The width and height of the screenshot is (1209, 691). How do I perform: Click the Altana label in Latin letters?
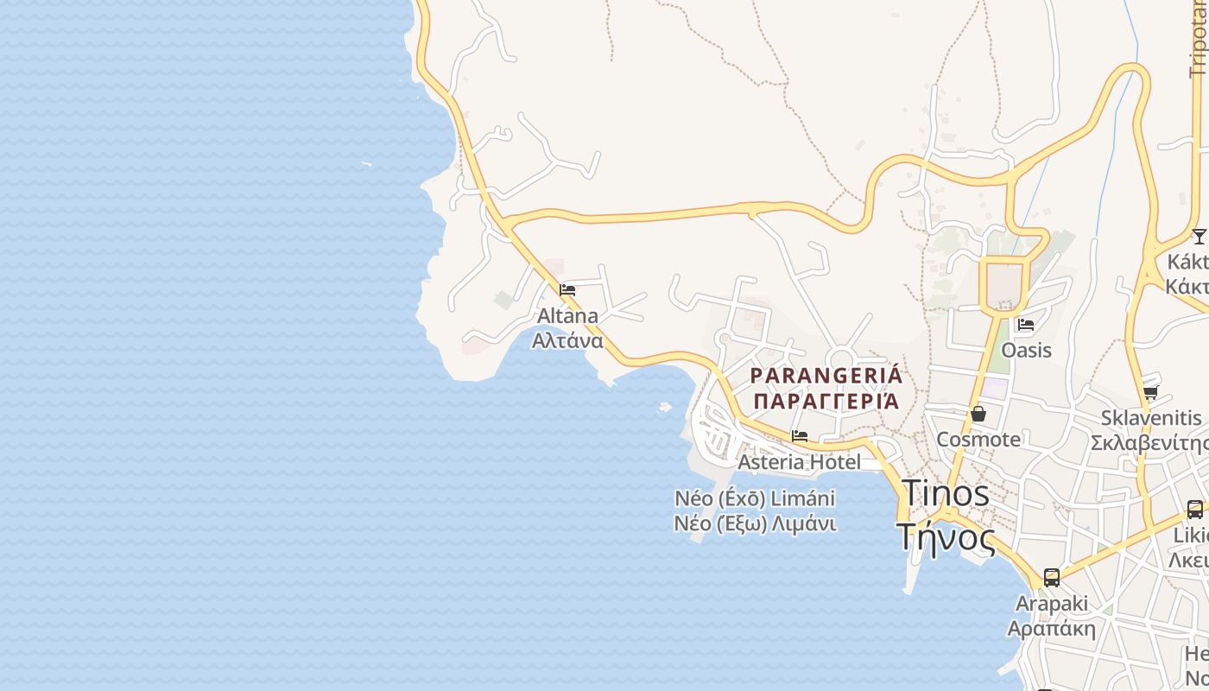(567, 315)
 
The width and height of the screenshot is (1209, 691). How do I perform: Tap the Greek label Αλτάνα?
(567, 339)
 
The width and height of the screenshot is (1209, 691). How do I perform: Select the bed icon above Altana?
(567, 290)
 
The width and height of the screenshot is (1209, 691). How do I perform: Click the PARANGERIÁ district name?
(826, 376)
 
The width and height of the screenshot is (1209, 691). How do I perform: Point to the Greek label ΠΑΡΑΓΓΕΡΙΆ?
(826, 401)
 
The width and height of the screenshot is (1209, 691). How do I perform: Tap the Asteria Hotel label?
(799, 462)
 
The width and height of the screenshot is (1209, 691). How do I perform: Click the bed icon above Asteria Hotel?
(800, 437)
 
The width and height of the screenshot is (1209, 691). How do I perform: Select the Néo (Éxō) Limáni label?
(755, 498)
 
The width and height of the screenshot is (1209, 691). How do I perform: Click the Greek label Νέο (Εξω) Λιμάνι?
(755, 523)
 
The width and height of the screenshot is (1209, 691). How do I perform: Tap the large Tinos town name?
(946, 493)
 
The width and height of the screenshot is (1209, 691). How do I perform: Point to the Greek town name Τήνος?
(946, 536)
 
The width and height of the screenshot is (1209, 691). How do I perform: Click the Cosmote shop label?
(978, 439)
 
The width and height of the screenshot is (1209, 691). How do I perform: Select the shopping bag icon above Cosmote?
(978, 415)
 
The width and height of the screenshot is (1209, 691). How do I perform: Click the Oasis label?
(1026, 350)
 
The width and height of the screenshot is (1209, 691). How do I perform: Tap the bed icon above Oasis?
(1026, 325)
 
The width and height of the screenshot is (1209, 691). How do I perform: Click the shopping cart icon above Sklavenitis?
(1150, 394)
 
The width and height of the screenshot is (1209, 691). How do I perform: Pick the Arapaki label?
(1052, 603)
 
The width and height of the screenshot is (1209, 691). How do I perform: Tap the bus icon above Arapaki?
(1052, 578)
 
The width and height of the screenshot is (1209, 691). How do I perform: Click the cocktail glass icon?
(1199, 237)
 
